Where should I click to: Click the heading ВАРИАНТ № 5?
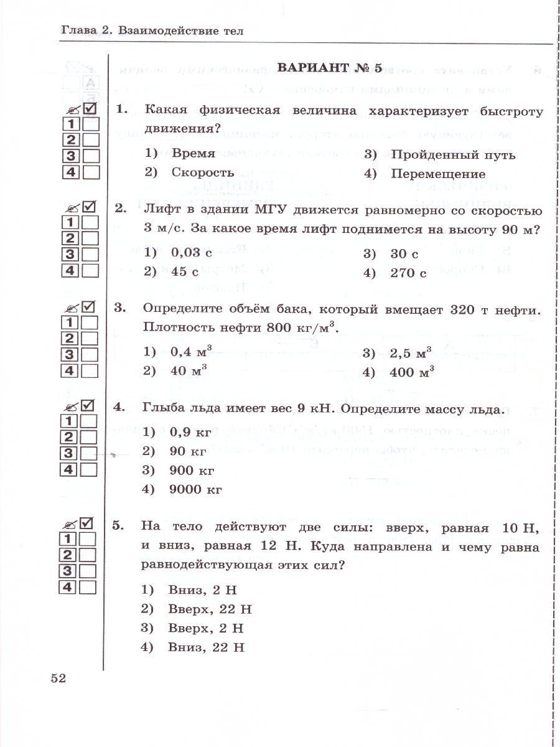coord(329,68)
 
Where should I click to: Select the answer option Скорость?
coord(203,172)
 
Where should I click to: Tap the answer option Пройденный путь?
coord(453,154)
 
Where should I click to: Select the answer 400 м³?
coord(411,372)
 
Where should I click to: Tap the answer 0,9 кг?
coord(191,431)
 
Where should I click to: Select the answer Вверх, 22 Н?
coord(210,608)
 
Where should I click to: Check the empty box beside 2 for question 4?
coord(90,437)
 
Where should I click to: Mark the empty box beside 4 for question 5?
coord(88,587)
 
